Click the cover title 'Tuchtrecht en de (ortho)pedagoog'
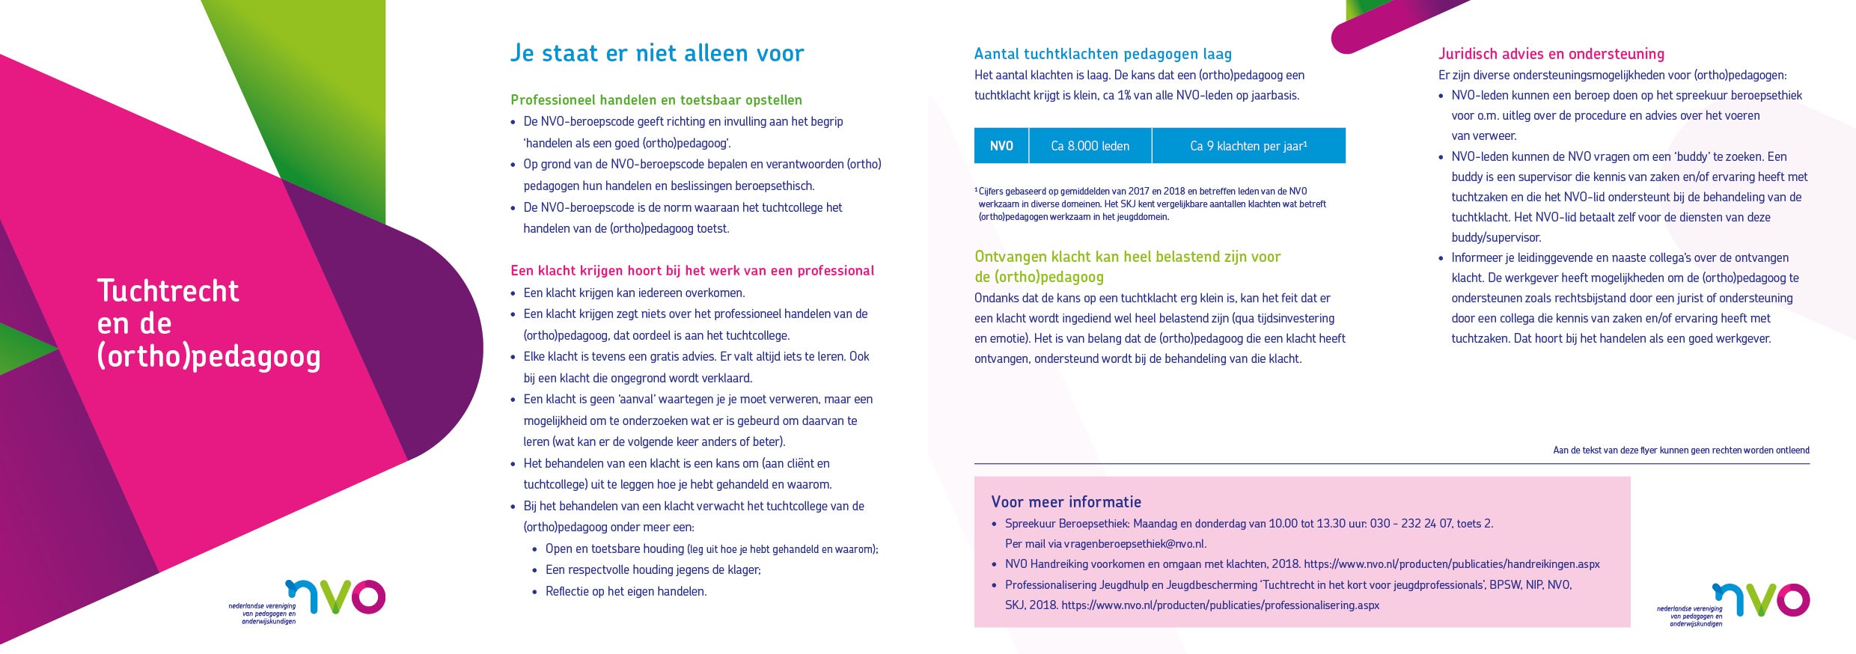(x=208, y=323)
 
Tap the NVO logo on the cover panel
(x=335, y=598)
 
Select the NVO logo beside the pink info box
(x=1760, y=601)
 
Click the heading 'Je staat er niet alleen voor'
(x=656, y=53)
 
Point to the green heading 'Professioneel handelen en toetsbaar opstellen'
(x=656, y=100)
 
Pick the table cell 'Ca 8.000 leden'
(x=1090, y=146)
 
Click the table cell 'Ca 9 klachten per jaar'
(x=1248, y=146)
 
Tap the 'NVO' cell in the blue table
(x=1001, y=146)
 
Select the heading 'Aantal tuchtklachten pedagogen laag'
(x=1102, y=54)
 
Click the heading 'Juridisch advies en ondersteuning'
(x=1551, y=54)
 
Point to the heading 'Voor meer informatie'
(x=1066, y=502)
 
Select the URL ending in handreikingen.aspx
(x=1451, y=564)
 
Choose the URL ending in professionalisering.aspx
(x=1220, y=605)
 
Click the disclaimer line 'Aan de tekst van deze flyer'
(x=1681, y=450)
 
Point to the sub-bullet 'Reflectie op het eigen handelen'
(x=626, y=592)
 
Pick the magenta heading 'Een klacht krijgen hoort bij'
(x=692, y=271)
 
